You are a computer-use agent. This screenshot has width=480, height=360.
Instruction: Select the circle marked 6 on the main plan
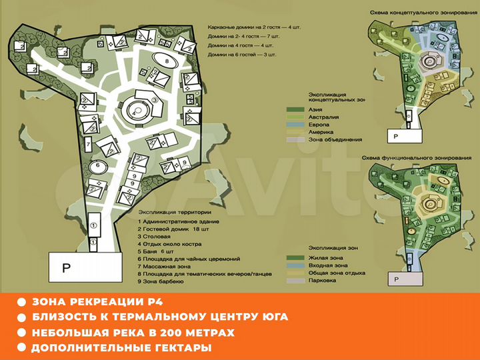(x=99, y=165)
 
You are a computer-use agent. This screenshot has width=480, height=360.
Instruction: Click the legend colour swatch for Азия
(x=295, y=109)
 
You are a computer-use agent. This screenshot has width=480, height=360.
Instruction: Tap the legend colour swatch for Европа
(x=295, y=124)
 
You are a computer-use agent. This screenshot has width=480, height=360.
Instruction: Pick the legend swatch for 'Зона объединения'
(x=295, y=139)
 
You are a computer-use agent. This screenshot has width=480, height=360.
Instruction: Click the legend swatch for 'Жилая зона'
(x=295, y=257)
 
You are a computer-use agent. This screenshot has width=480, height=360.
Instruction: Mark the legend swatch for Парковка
(x=295, y=281)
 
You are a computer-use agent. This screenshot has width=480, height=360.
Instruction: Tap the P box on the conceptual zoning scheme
(x=397, y=136)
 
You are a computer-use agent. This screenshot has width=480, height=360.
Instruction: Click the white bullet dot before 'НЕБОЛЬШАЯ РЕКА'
(x=22, y=332)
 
